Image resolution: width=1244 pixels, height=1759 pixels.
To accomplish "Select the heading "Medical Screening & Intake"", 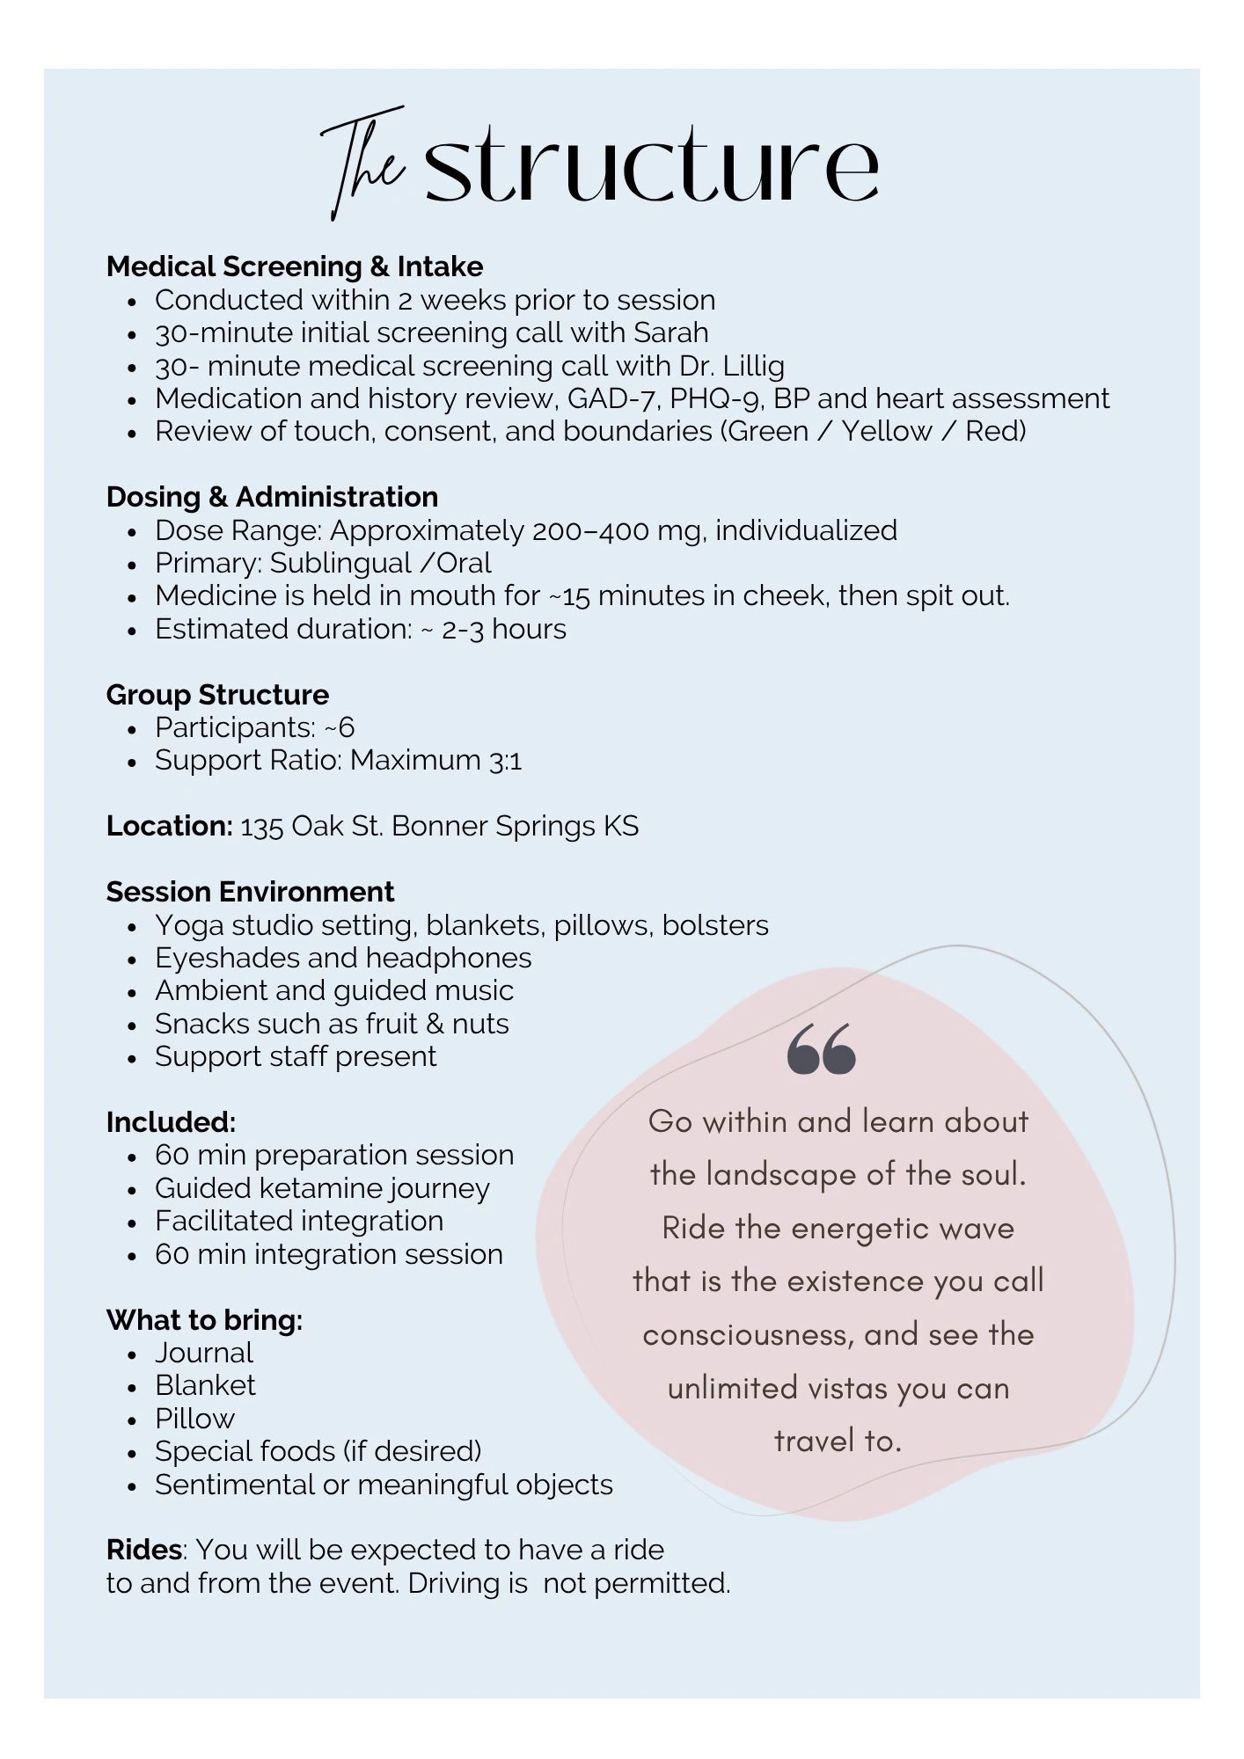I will pos(295,266).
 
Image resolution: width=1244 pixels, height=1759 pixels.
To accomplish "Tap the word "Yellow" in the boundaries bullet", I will pos(886,431).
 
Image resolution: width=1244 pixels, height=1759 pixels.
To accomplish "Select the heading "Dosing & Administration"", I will pos(272,497).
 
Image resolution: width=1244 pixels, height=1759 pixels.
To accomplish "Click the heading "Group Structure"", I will pos(217,695).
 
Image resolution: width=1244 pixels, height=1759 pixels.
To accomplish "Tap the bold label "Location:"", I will pos(170,826).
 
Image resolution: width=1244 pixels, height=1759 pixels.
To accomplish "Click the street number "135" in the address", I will pos(261,827).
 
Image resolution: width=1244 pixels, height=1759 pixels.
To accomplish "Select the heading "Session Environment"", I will pos(250,892).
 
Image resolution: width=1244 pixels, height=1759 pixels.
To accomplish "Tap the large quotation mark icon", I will pos(821,1049).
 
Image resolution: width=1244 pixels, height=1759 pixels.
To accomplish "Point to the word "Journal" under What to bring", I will pos(204,1353).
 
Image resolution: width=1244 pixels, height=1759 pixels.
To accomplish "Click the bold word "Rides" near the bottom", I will pos(144,1550).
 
